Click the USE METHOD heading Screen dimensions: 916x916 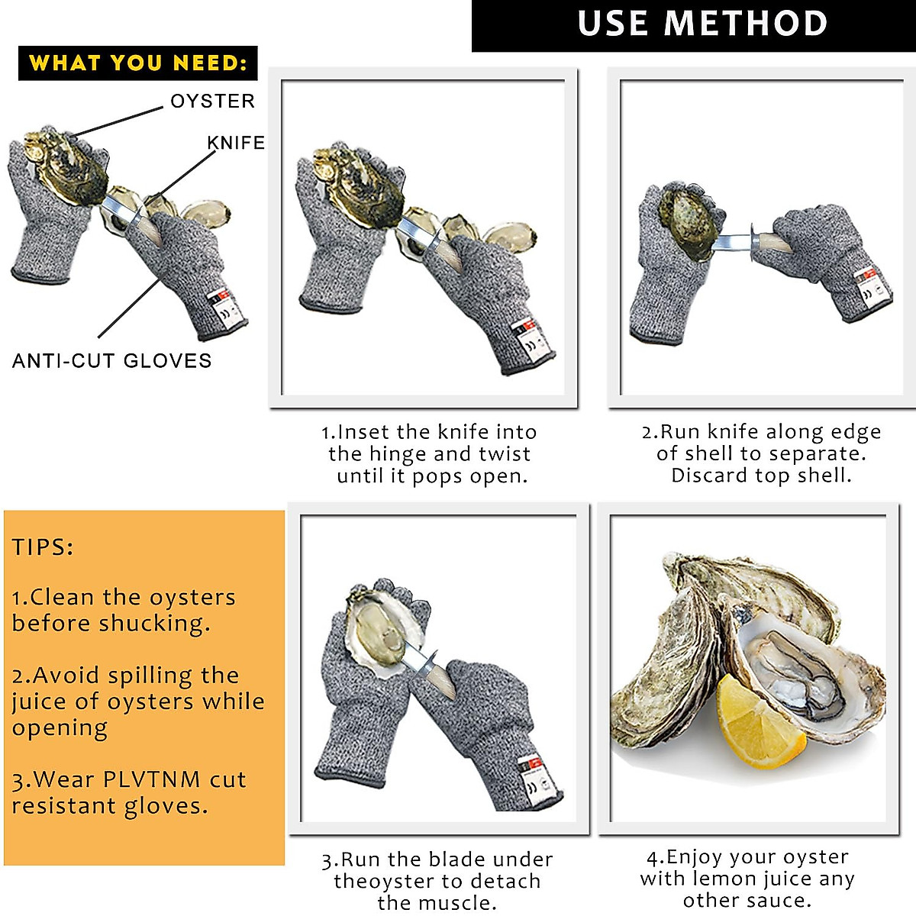pyautogui.click(x=702, y=24)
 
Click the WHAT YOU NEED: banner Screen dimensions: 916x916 pyautogui.click(x=138, y=63)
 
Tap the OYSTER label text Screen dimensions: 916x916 pyautogui.click(x=212, y=101)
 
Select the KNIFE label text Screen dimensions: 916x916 pyautogui.click(x=236, y=143)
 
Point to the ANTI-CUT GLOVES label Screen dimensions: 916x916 pyautogui.click(x=111, y=361)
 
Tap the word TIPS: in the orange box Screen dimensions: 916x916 pyautogui.click(x=43, y=547)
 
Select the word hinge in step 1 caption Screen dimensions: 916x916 pyautogui.click(x=399, y=454)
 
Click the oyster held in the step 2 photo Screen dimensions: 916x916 pyautogui.click(x=690, y=222)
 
